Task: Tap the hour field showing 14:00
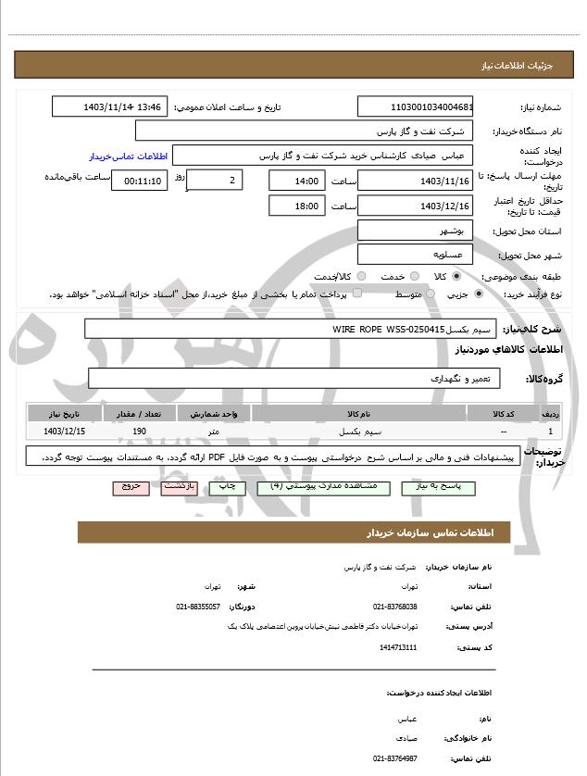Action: click(296, 181)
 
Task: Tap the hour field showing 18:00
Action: click(296, 206)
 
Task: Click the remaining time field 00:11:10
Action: click(139, 181)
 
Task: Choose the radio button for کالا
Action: click(457, 277)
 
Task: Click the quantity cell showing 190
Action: click(140, 432)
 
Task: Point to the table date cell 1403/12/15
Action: click(65, 432)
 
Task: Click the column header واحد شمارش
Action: click(214, 414)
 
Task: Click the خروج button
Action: click(131, 485)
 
